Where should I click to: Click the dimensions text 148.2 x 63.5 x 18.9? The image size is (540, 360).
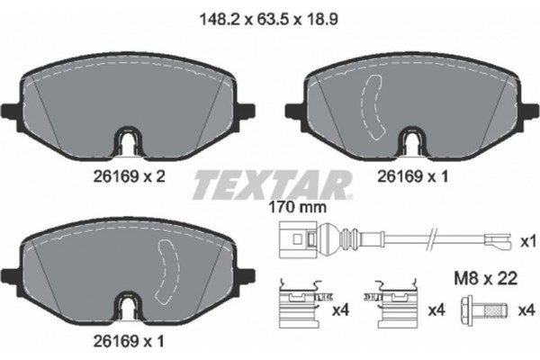[270, 16]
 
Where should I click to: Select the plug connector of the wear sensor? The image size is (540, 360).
[296, 242]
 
